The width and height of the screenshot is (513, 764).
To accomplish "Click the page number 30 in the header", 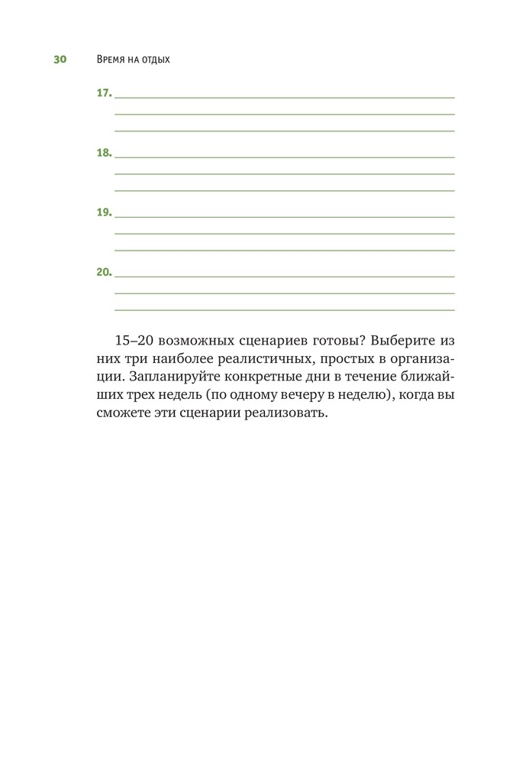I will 60,60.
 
